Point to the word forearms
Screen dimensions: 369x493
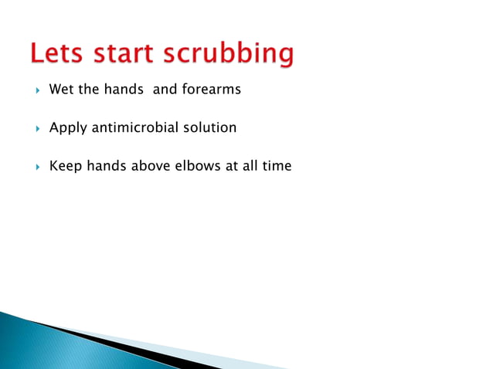pyautogui.click(x=212, y=90)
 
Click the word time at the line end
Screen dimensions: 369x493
pyautogui.click(x=276, y=165)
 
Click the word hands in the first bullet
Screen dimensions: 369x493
pyautogui.click(x=124, y=90)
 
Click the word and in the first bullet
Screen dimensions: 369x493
pyautogui.click(x=165, y=90)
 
